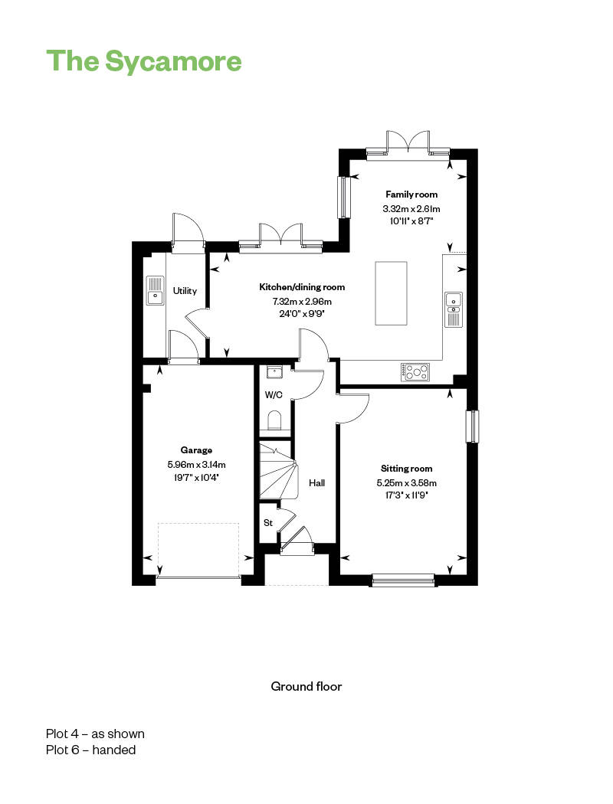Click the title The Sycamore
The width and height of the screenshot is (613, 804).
[144, 61]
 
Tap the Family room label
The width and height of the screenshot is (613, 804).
[411, 194]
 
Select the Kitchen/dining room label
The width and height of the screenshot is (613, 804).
[302, 287]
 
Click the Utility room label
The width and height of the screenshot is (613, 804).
[185, 291]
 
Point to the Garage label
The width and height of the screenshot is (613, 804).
[196, 450]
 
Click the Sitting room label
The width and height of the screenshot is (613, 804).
[406, 469]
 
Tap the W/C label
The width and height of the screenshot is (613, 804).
[273, 395]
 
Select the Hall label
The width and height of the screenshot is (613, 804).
[316, 483]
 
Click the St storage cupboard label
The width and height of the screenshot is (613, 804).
[268, 523]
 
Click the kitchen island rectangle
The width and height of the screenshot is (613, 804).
[392, 293]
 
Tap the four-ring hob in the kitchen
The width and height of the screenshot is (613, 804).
[415, 372]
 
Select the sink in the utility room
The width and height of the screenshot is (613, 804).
[156, 289]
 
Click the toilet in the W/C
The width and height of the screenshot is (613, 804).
[275, 421]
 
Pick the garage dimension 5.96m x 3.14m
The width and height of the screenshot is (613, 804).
[196, 464]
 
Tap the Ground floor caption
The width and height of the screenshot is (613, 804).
[306, 686]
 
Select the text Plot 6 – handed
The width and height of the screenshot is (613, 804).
[90, 750]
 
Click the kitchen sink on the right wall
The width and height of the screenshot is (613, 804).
[453, 309]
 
